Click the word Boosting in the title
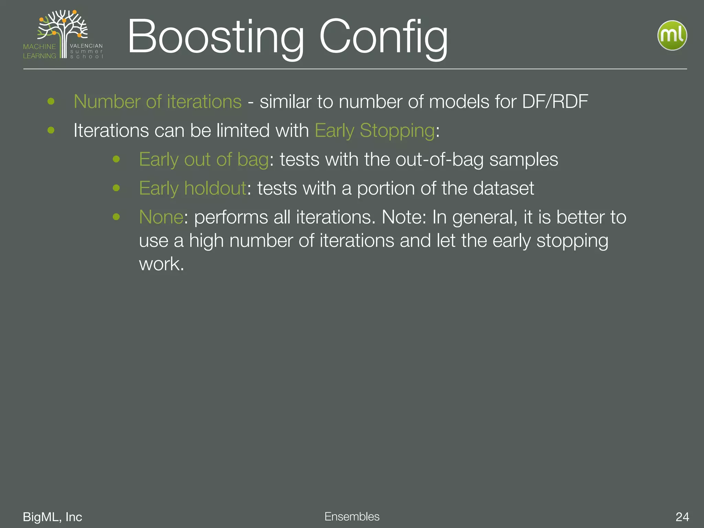coord(216,37)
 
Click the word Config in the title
coord(383,37)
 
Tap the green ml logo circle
coord(672,35)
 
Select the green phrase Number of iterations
coord(157,102)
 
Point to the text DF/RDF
coord(555,102)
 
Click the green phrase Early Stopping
coord(375,131)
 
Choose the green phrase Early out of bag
coord(203,160)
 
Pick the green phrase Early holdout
coord(192,189)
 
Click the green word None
coord(161,217)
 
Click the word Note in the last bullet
coord(402,217)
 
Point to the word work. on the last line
coord(162,264)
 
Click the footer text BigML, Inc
coord(52,517)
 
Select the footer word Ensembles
coord(352,517)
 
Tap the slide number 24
coord(682,517)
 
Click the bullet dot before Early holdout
coord(116,188)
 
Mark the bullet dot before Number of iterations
coord(51,101)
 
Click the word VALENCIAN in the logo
coord(86,46)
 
